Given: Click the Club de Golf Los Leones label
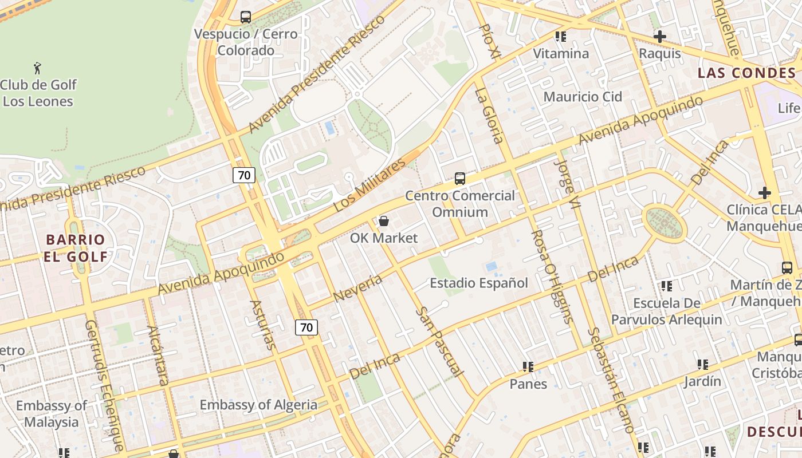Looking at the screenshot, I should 38,93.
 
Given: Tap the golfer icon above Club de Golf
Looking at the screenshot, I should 38,68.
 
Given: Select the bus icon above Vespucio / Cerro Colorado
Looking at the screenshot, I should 246,17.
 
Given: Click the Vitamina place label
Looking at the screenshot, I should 561,54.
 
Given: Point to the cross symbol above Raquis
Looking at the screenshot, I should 660,37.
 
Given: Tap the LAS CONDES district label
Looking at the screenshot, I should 747,73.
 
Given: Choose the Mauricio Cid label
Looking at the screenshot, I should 583,97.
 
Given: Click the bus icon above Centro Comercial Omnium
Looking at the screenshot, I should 460,179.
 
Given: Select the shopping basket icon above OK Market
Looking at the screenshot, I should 384,221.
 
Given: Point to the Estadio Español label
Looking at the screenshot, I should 479,283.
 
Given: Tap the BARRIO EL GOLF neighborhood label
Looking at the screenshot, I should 76,248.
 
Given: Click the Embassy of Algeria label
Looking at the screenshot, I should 258,405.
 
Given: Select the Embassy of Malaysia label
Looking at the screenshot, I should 52,414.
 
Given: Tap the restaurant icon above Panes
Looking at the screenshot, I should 528,366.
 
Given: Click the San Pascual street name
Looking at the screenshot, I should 439,341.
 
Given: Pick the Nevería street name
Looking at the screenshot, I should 357,288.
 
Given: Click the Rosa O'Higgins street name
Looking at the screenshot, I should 551,277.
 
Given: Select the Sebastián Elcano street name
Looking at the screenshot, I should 611,380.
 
